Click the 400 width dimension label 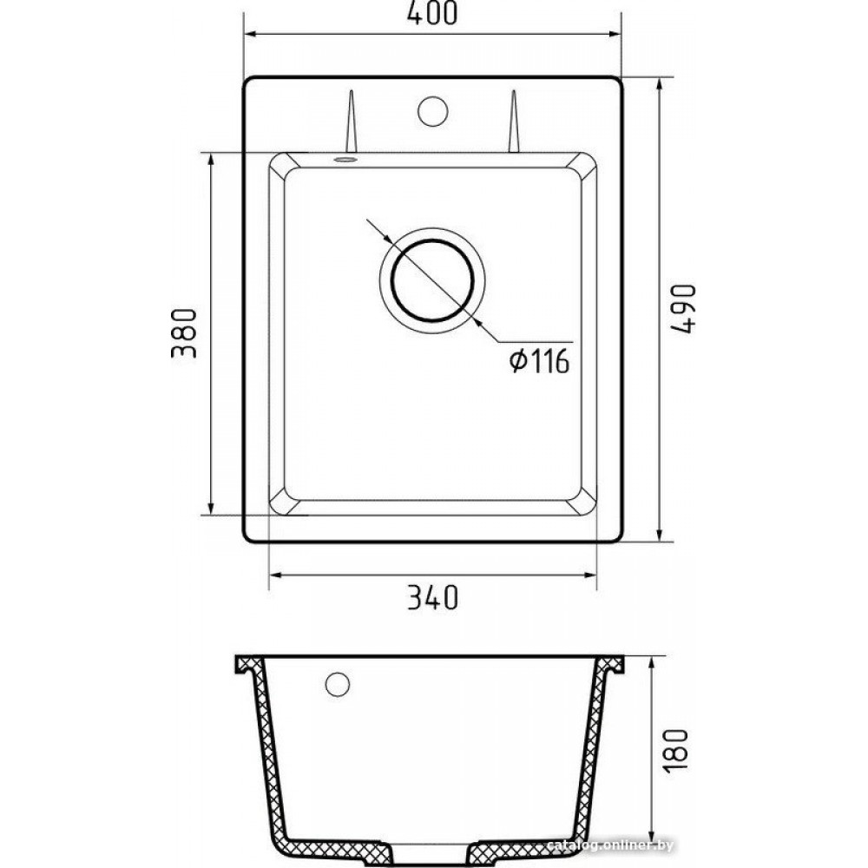(x=432, y=13)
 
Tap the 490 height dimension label (x=682, y=308)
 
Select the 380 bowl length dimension (x=184, y=333)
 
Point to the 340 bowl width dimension (x=433, y=597)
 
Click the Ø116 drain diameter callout (x=539, y=361)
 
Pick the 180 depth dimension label (x=676, y=751)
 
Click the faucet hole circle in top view (x=432, y=111)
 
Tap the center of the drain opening (x=432, y=280)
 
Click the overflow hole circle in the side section (x=337, y=685)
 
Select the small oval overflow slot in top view (x=345, y=160)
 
